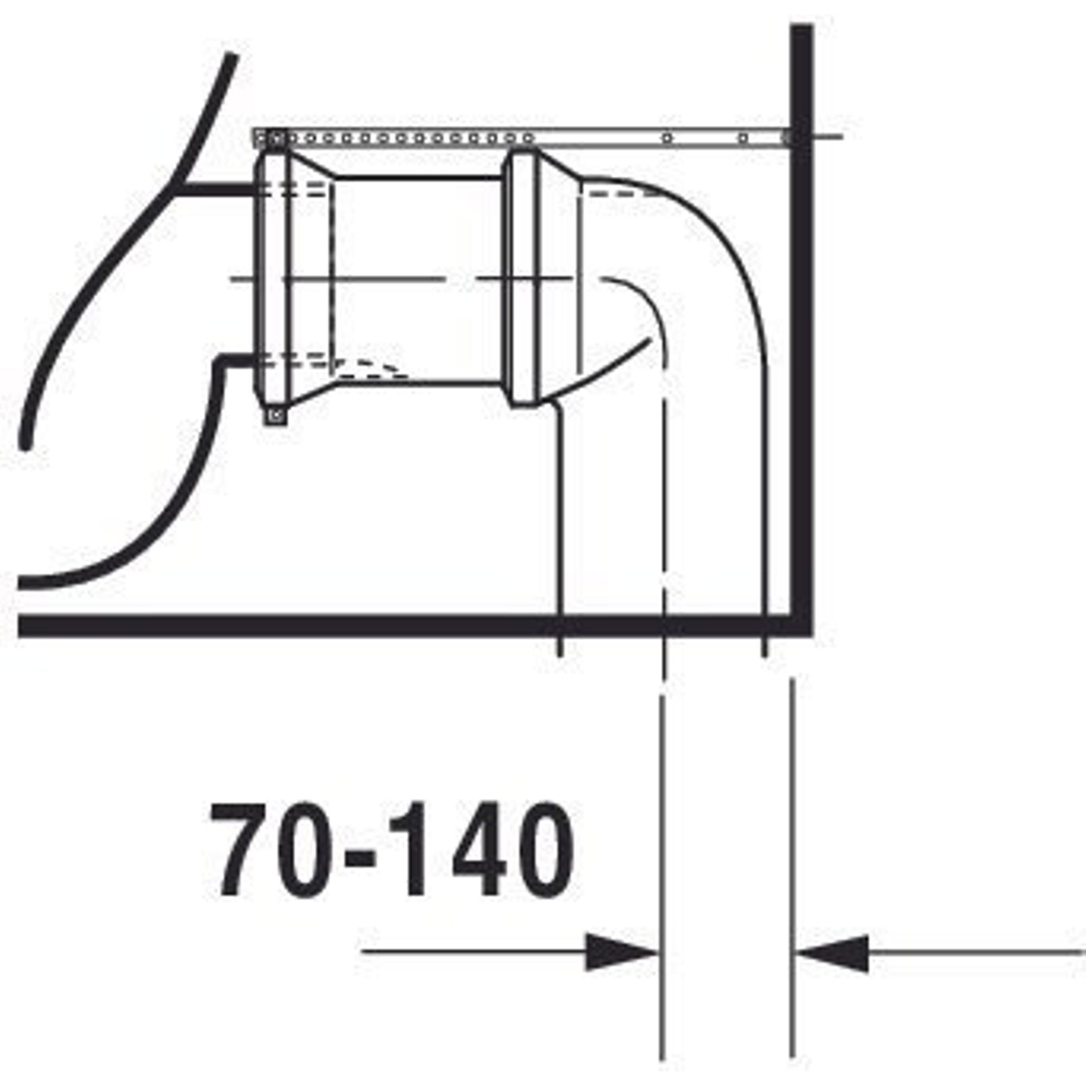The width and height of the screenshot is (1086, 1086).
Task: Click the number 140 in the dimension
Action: [x=482, y=850]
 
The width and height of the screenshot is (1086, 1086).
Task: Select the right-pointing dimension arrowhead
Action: [x=622, y=953]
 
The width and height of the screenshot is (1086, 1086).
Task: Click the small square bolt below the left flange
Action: [x=276, y=416]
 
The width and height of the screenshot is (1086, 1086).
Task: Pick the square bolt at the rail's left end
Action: [x=276, y=138]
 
